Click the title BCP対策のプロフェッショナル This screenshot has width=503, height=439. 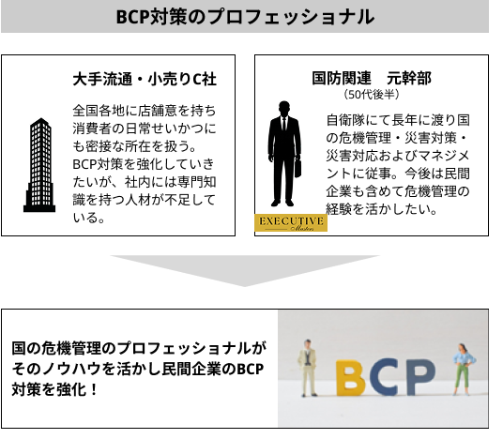tap(245, 17)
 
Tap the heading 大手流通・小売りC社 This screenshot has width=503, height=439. tap(145, 79)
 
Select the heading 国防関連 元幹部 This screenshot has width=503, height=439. tap(372, 78)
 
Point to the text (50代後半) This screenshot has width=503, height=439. tap(372, 95)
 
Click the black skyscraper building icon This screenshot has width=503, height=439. tap(39, 165)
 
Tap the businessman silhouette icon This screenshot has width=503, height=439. tap(284, 154)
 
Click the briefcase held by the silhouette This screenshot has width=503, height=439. tap(298, 168)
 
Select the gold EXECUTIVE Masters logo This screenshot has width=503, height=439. tap(291, 222)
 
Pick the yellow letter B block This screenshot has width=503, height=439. tap(351, 378)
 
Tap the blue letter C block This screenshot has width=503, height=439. tap(386, 377)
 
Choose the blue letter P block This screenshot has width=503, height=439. tap(420, 377)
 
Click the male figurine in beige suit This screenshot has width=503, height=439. tap(309, 368)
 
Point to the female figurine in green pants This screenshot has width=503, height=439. tap(463, 370)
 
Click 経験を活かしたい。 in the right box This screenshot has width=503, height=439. tap(382, 209)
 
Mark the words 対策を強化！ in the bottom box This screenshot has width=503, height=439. tap(54, 390)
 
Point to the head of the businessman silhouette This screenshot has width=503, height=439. tap(284, 109)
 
